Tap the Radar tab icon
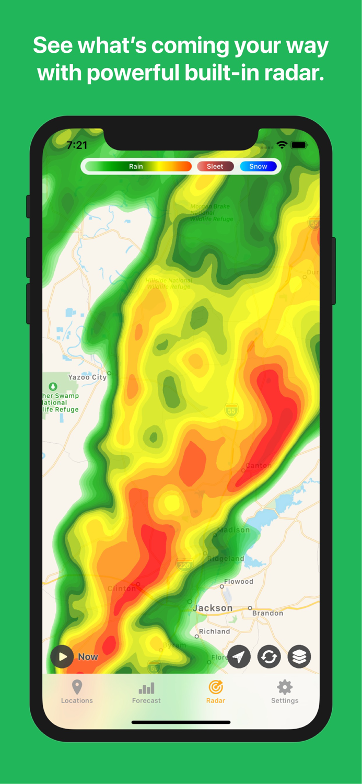215,687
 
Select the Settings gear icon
285,687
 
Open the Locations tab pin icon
77,687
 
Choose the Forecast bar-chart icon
146,688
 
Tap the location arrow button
239,656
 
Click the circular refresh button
269,656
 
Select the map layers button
299,656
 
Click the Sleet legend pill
215,167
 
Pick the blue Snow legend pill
258,167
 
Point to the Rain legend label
136,167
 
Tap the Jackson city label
213,608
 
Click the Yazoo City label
87,377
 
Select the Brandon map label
267,613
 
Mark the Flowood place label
239,582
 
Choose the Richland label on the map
214,631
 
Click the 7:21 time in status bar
77,145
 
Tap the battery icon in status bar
299,145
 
